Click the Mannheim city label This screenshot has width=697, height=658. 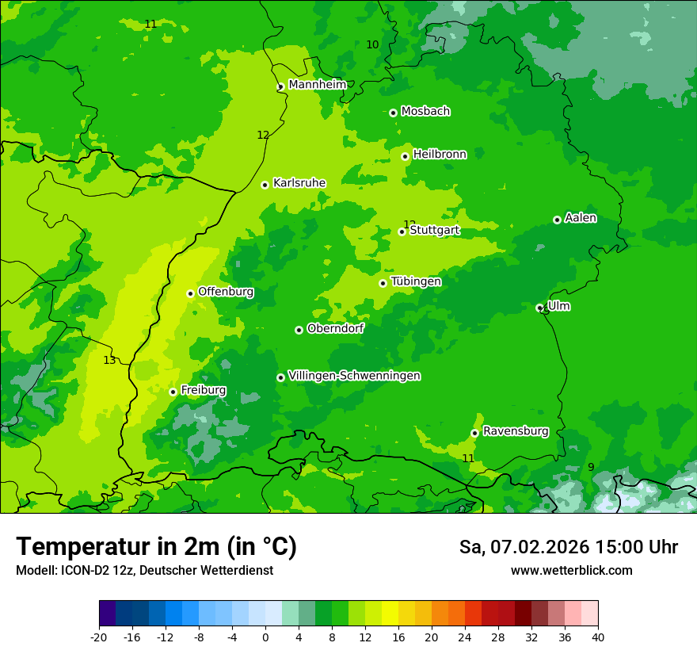pyautogui.click(x=317, y=85)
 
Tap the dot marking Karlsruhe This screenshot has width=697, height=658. pyautogui.click(x=265, y=185)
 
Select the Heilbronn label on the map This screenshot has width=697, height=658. pyautogui.click(x=440, y=155)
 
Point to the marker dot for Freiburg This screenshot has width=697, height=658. pyautogui.click(x=173, y=392)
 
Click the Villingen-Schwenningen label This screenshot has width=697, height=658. pyautogui.click(x=354, y=376)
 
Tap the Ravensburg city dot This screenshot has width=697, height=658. pyautogui.click(x=474, y=433)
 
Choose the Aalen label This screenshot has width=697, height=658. pyautogui.click(x=581, y=218)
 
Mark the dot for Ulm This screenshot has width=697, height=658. pyautogui.click(x=539, y=308)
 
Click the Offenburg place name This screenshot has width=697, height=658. pyautogui.click(x=226, y=292)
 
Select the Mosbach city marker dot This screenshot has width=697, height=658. pyautogui.click(x=393, y=113)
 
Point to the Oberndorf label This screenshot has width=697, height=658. pyautogui.click(x=335, y=328)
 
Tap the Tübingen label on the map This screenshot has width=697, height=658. pyautogui.click(x=416, y=281)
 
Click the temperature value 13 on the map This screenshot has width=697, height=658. pyautogui.click(x=109, y=360)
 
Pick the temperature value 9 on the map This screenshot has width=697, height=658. pyautogui.click(x=591, y=467)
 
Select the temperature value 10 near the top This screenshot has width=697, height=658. pyautogui.click(x=372, y=44)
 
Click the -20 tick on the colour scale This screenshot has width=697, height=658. pyautogui.click(x=99, y=637)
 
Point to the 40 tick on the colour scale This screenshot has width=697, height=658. pyautogui.click(x=598, y=637)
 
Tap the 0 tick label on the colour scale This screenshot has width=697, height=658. pyautogui.click(x=265, y=637)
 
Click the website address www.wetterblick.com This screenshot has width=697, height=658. pyautogui.click(x=571, y=570)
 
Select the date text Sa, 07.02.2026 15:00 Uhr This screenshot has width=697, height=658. pyautogui.click(x=568, y=547)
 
